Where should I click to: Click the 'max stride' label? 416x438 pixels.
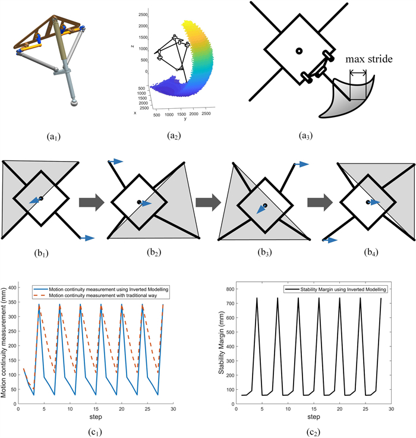367,59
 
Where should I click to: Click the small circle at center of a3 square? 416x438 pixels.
300,52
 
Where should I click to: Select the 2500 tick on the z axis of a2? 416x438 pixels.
139,13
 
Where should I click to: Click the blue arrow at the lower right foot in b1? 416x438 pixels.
87,238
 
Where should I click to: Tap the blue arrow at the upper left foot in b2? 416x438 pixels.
117,160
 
